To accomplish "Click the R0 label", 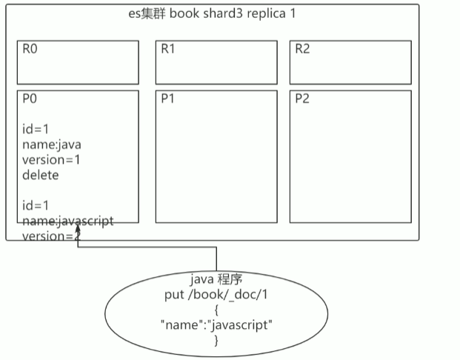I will (29, 49).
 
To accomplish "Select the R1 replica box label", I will (168, 49).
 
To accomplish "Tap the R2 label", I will (302, 49).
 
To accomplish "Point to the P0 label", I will (29, 99).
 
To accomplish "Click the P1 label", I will (167, 99).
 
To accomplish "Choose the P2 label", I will (302, 99).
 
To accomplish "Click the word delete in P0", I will (41, 175).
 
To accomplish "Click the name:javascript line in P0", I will (67, 221).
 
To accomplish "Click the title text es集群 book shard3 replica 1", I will (212, 13).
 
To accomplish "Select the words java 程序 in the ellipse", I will (216, 280).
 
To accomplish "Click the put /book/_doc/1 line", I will (216, 295).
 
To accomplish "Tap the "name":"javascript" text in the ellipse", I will (216, 325).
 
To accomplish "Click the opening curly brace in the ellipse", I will (216, 310).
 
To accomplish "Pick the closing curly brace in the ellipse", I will (216, 340).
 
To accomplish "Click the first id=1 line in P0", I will (36, 130).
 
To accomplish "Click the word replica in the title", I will (265, 13).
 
